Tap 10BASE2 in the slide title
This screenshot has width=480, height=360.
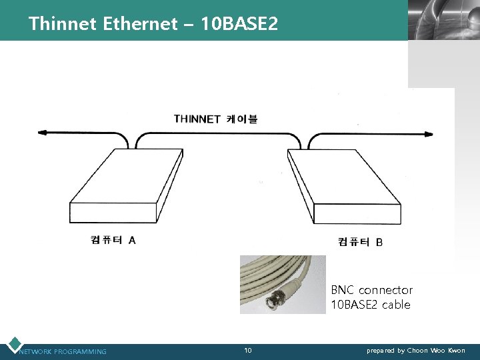(241, 25)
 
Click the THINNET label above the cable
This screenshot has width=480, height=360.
(197, 119)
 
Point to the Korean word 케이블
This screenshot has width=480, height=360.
(242, 119)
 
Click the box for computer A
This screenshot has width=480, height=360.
(126, 187)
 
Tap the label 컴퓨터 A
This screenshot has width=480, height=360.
(113, 240)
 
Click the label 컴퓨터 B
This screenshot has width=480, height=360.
(360, 242)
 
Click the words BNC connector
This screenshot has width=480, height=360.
(371, 290)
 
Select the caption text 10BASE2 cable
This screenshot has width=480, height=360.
(370, 305)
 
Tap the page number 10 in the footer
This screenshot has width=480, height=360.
(248, 350)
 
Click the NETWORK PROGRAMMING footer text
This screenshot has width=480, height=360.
(63, 351)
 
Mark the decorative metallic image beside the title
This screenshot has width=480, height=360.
(443, 20)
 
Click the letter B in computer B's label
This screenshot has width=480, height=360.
(379, 242)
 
